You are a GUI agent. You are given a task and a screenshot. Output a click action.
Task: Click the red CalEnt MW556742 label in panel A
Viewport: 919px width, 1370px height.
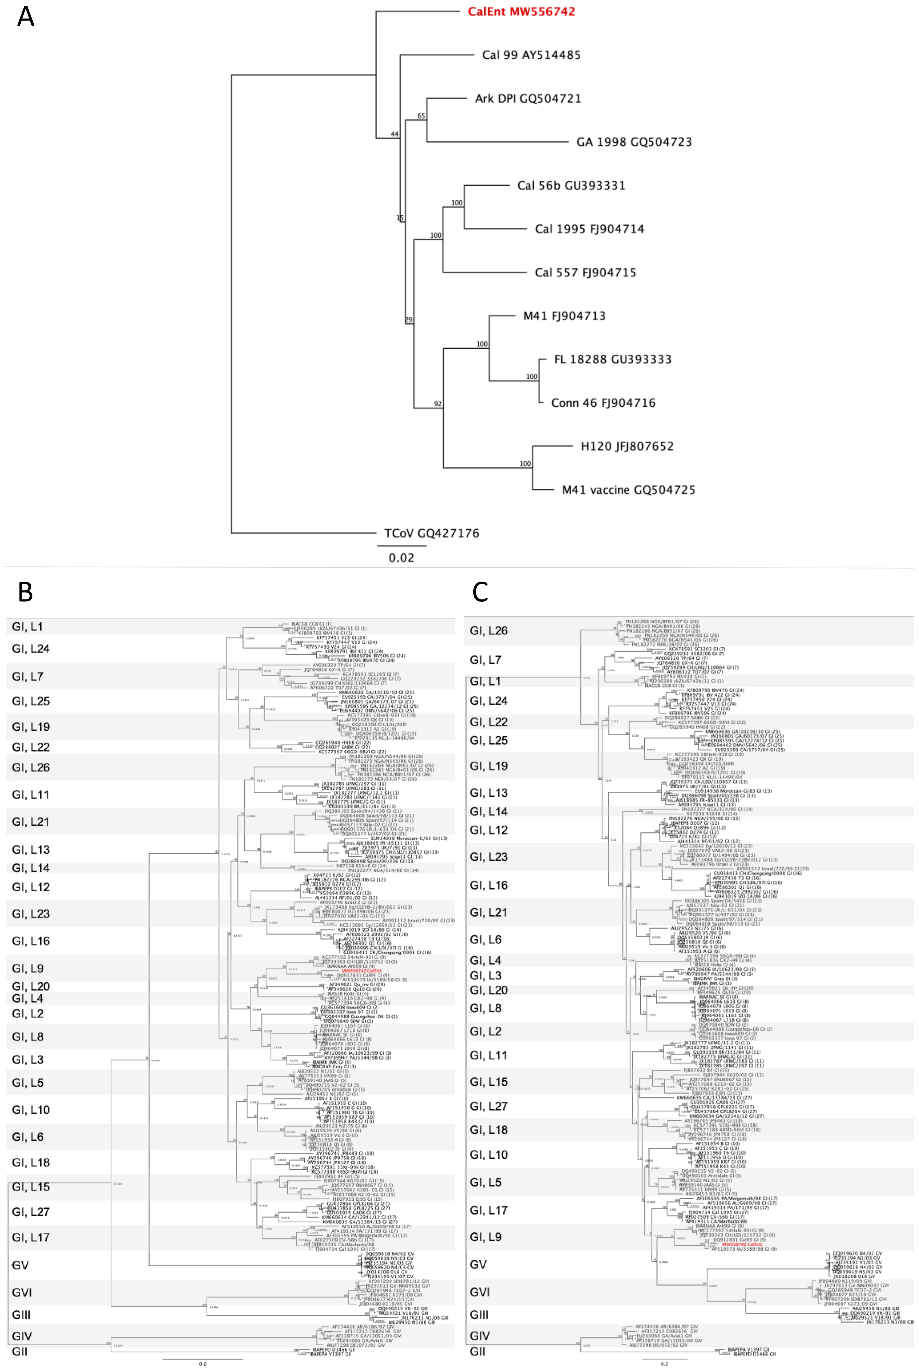tap(521, 12)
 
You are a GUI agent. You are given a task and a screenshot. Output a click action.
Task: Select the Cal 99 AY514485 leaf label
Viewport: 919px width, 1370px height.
tap(531, 55)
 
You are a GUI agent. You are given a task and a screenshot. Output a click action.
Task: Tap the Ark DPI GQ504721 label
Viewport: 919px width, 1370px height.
tap(528, 98)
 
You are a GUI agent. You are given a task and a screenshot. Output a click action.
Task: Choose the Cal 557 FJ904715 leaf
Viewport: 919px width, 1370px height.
tap(585, 273)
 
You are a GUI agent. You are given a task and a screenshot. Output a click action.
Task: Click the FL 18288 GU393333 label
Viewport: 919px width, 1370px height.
tap(612, 359)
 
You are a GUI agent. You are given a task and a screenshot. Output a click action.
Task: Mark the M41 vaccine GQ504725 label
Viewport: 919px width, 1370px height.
tap(628, 490)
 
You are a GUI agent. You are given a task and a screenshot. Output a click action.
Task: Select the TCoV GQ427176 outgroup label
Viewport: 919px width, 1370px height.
tap(431, 533)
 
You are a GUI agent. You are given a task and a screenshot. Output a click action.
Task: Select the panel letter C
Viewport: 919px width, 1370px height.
tap(480, 592)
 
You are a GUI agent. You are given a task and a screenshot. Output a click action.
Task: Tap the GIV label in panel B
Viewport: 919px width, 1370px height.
tap(22, 1336)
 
